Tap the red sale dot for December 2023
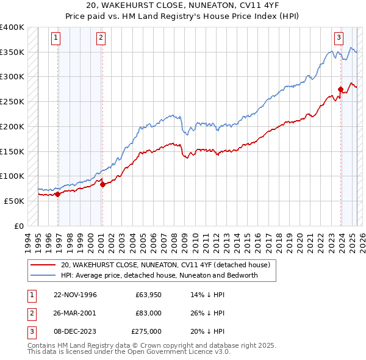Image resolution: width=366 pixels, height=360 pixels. [340, 90]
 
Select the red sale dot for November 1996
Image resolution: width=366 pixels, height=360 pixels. [57, 194]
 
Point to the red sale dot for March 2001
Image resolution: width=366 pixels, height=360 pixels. [102, 184]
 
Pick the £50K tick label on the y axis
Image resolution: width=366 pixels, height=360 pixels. [15, 201]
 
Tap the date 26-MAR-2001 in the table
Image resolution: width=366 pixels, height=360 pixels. [76, 313]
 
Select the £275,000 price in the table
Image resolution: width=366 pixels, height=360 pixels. [146, 331]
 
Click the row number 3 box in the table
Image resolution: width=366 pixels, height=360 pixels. [30, 331]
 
